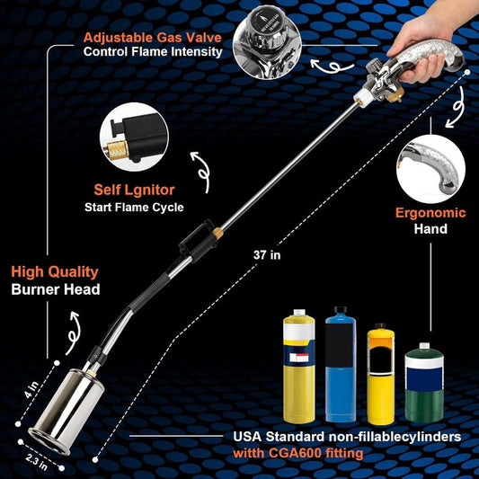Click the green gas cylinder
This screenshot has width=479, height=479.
click(424, 383)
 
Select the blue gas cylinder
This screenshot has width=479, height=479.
click(341, 364)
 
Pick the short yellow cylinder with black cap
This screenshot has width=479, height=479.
click(381, 374)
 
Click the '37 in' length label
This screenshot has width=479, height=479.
click(267, 254)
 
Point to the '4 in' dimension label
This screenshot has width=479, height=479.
click(32, 389)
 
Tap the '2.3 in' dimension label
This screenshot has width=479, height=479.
click(37, 462)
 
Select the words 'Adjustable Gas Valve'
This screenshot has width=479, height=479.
click(153, 38)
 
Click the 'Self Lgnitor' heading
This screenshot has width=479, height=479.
click(134, 190)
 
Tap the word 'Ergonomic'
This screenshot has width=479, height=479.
click(430, 213)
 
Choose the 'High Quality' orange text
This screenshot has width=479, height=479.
click(55, 271)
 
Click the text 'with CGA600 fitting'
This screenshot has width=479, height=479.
click(298, 453)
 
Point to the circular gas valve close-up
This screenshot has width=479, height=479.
click(266, 45)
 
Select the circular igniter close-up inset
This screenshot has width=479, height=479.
click(134, 137)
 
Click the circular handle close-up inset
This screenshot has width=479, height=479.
click(430, 169)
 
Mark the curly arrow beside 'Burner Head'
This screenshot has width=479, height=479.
click(73, 333)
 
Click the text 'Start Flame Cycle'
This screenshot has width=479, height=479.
click(134, 208)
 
